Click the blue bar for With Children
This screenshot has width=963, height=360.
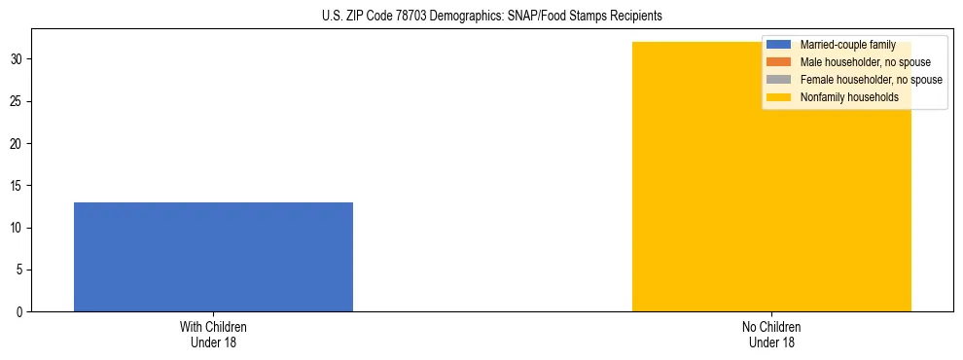(213, 257)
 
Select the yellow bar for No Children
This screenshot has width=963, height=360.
(771, 195)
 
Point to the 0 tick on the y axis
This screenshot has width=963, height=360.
(20, 312)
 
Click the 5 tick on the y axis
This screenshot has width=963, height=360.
(20, 270)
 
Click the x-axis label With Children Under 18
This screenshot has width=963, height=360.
(213, 335)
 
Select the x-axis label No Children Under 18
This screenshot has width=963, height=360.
(771, 335)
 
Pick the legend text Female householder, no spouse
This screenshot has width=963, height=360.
(871, 80)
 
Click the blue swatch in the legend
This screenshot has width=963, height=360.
(779, 45)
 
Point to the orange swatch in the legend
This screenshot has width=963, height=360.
(779, 62)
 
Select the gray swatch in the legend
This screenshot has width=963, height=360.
(779, 80)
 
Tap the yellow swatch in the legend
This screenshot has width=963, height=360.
(779, 97)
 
